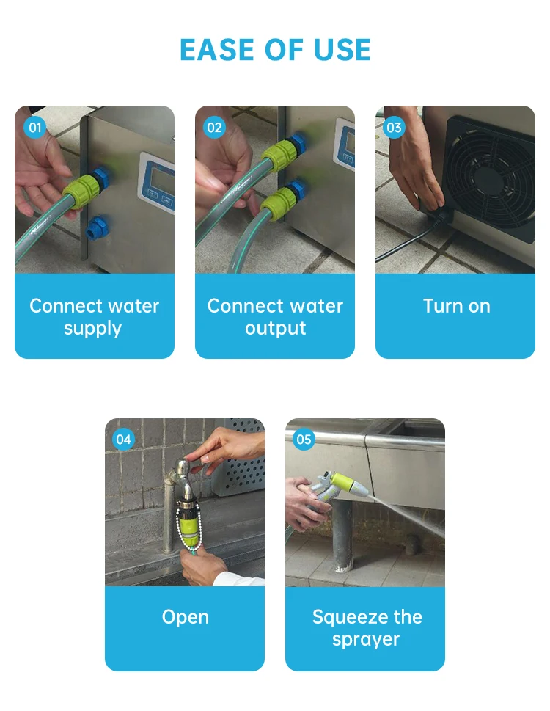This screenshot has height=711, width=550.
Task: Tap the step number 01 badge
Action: click(x=35, y=128)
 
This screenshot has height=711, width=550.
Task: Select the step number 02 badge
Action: click(x=214, y=128)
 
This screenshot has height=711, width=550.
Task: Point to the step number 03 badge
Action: click(x=394, y=128)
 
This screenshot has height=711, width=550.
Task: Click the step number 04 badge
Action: click(x=123, y=439)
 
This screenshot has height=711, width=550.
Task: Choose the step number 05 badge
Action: click(x=304, y=439)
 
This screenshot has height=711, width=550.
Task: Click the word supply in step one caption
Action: click(x=92, y=329)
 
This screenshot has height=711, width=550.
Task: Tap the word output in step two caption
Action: click(x=276, y=328)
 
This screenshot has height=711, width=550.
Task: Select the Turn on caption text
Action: click(x=457, y=306)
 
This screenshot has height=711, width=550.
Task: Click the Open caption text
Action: click(x=186, y=618)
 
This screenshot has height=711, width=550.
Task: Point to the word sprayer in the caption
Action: click(x=366, y=640)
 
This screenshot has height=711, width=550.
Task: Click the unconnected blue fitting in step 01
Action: click(x=97, y=228)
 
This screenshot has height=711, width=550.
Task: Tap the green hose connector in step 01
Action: click(x=81, y=190)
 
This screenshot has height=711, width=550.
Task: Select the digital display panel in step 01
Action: click(x=157, y=182)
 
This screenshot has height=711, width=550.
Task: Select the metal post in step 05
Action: click(x=341, y=535)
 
